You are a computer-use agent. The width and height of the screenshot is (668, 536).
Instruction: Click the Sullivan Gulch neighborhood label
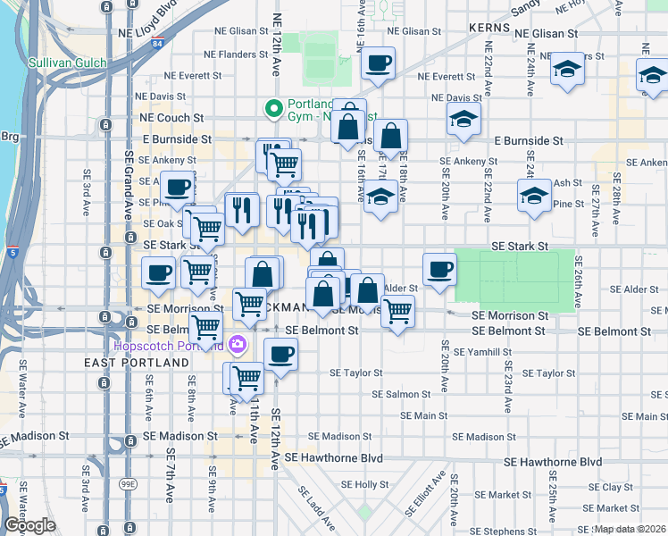(67, 63)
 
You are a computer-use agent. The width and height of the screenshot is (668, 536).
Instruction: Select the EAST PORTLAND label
(137, 363)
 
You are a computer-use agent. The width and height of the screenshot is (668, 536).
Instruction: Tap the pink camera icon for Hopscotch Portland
(238, 344)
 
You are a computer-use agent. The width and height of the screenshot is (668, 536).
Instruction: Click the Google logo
(29, 525)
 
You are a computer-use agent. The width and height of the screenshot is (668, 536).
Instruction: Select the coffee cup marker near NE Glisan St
(377, 63)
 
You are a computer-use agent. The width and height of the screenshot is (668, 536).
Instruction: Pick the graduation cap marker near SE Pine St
(534, 196)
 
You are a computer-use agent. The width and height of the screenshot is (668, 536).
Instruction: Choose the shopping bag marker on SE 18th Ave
(390, 137)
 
